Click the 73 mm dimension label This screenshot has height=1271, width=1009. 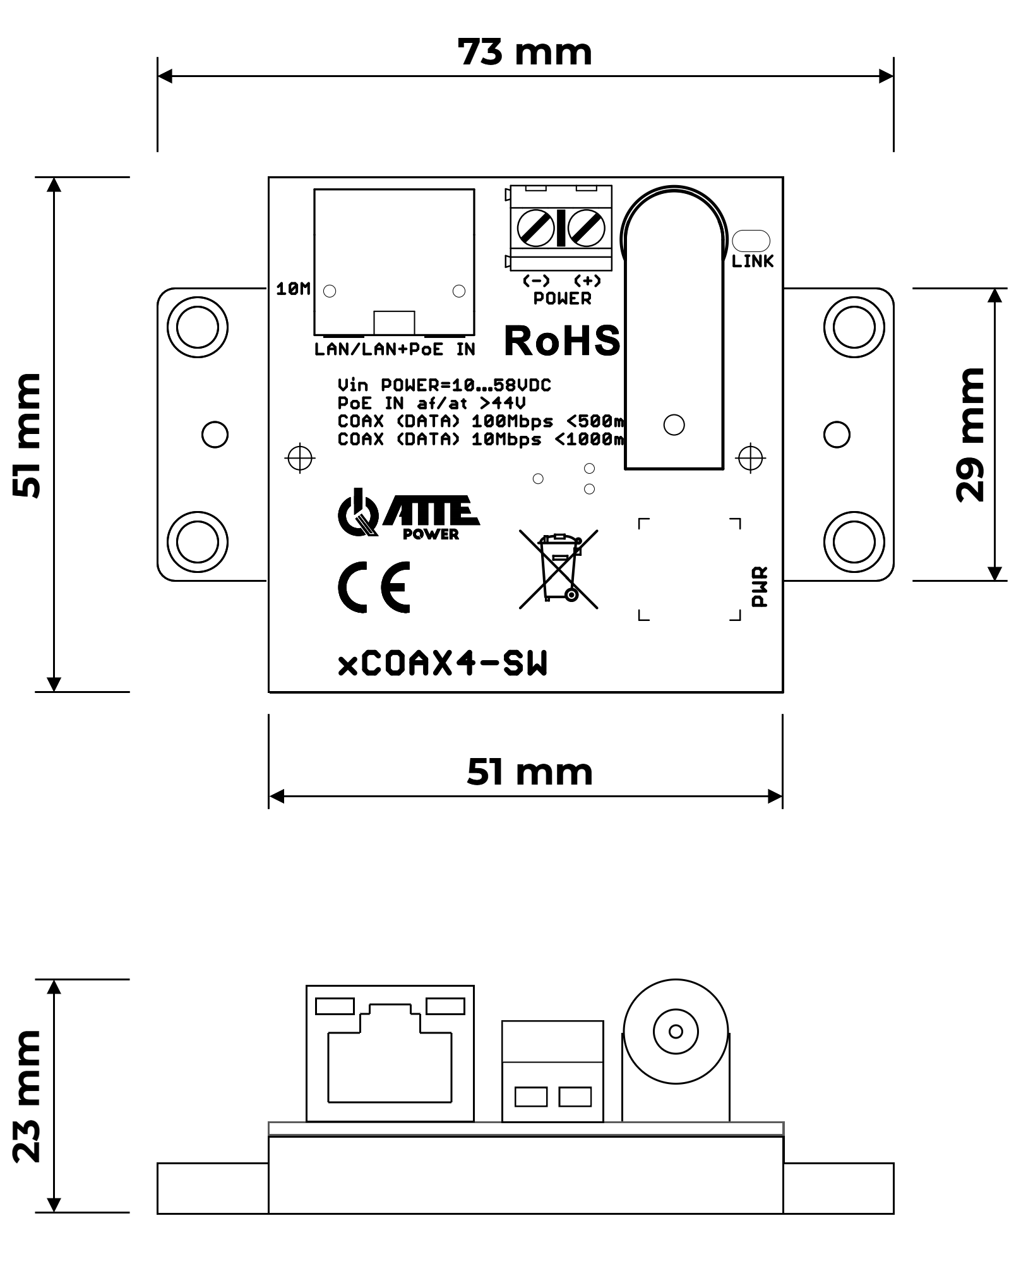525,52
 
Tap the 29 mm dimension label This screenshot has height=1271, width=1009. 970,435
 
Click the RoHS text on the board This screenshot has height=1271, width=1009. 562,342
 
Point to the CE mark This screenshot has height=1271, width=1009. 374,587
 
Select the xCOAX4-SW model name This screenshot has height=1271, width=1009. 443,664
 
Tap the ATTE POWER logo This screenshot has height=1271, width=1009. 409,514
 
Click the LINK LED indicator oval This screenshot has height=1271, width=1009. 751,241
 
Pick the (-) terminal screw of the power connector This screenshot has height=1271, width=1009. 535,227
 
